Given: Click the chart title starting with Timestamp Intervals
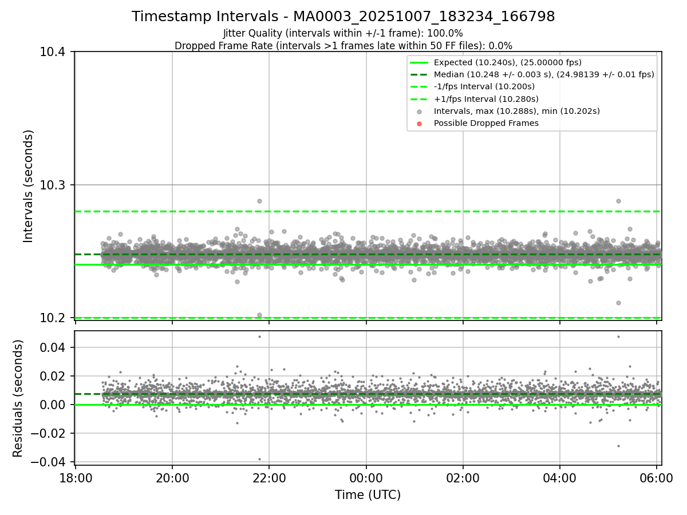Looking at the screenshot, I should point(343,17).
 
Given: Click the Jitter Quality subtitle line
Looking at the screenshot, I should point(343,33).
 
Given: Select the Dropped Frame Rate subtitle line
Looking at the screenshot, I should point(343,45).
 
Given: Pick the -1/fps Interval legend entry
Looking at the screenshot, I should point(484,86).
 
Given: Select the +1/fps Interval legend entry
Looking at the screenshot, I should point(485,99).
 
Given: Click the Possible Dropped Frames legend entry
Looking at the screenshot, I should point(485,123).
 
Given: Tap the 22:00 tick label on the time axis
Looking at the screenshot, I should point(269,477).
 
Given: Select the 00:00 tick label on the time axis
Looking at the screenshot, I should point(366,477).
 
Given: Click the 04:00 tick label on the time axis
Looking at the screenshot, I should point(559,477).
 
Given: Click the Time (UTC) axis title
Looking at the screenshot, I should point(368,494).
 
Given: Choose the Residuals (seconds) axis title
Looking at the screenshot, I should point(18,398).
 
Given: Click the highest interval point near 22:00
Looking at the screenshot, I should point(259,201).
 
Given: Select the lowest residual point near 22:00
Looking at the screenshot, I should point(259,459).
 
